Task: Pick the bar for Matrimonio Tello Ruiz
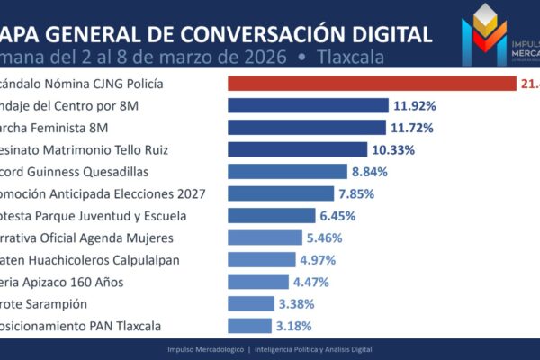pos(297,149)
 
